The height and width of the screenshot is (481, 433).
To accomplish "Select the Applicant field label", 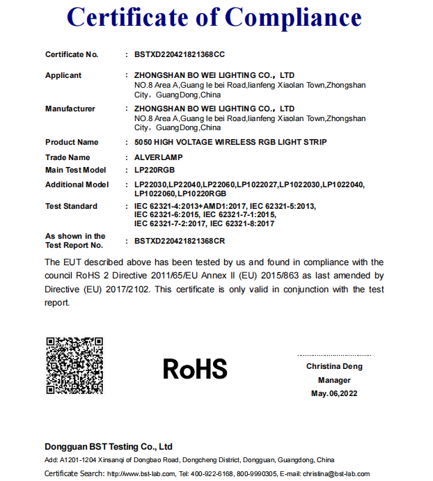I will click(63, 75).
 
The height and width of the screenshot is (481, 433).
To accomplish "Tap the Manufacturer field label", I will click(70, 109).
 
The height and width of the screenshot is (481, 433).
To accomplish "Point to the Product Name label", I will click(72, 142).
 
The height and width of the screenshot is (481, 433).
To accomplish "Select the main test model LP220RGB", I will click(155, 170).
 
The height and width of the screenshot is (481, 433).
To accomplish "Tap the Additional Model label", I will click(77, 184).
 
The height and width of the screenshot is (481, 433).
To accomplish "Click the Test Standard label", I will click(71, 206).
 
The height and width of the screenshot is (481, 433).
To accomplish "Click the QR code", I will click(74, 365).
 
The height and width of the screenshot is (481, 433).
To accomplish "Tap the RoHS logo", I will click(195, 369).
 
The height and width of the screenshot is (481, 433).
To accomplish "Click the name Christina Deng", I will click(334, 366).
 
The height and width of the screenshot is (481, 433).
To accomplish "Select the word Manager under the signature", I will click(334, 380).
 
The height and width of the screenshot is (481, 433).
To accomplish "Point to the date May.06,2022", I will click(334, 394).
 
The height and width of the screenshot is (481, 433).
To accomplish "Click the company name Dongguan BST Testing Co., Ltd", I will click(109, 446).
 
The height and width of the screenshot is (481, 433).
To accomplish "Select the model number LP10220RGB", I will click(202, 193).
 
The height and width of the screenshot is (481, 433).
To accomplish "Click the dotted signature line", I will click(334, 355).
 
